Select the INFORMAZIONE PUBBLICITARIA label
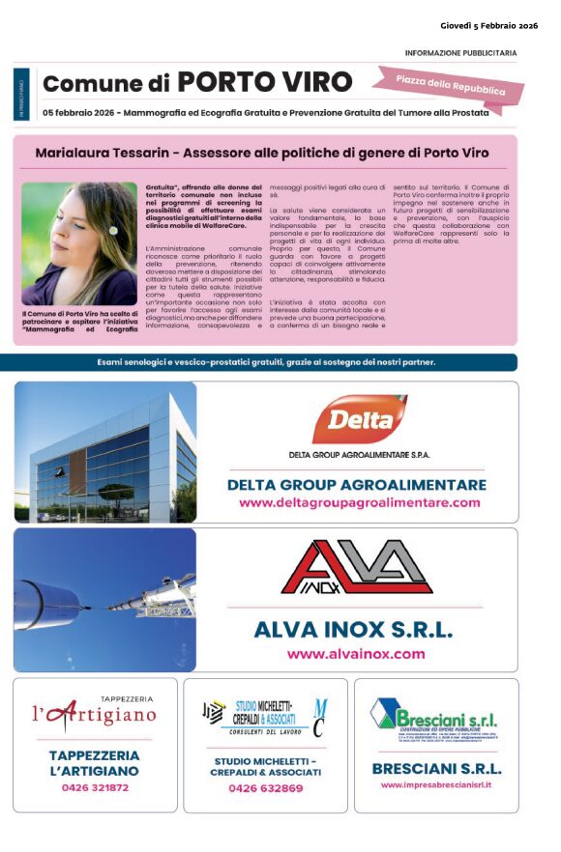point(460,53)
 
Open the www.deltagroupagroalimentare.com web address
point(359,503)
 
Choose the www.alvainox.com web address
point(356,654)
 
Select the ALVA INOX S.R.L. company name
point(353,630)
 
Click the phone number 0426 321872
point(95,788)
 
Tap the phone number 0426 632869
point(266,788)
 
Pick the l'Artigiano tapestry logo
point(94,715)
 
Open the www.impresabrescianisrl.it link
point(436,785)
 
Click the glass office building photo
point(105,451)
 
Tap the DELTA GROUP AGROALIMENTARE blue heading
point(357,485)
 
